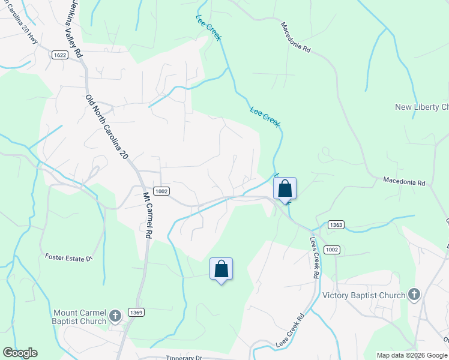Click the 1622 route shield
point(59,54)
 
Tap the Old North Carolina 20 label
point(107,127)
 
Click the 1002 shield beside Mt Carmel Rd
point(161,191)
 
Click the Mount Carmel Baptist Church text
point(80,317)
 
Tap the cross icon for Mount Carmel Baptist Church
point(116,314)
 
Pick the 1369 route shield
point(136,313)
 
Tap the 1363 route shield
point(336,224)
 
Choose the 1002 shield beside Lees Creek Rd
point(331,249)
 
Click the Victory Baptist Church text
point(364,295)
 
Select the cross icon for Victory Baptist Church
point(414,294)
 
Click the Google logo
point(20,353)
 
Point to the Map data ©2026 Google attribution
point(412,355)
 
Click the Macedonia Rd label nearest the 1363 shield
point(404,180)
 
